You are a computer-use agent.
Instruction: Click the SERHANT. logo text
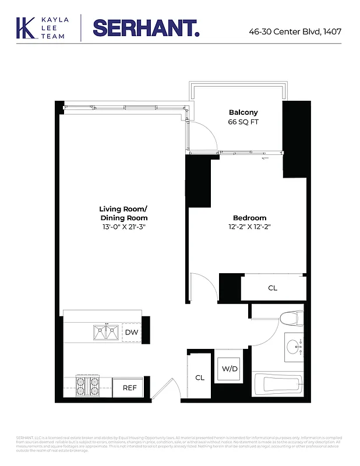point(146,27)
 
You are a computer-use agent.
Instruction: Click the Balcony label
point(243,112)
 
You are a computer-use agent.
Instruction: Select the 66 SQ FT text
point(243,122)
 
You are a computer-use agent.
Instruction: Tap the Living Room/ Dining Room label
point(123,213)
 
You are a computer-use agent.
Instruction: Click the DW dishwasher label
point(131,332)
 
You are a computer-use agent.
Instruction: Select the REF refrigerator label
point(128,387)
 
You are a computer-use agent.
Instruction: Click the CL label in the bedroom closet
point(273,288)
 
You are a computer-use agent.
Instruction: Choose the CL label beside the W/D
point(200,377)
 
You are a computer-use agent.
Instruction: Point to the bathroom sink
point(294,347)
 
